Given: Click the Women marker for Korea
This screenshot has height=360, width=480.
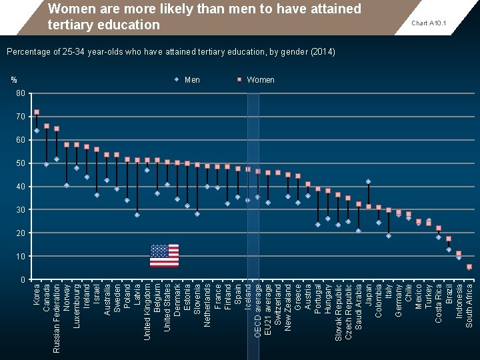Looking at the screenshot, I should coord(37,112).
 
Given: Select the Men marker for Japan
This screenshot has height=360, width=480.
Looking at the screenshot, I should coord(368,181).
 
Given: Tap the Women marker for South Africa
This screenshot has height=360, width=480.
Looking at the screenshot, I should coord(469,267).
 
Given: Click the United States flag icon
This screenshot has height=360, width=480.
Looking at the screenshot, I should coord(164,256).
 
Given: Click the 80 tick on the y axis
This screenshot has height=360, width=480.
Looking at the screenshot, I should coord(21,93).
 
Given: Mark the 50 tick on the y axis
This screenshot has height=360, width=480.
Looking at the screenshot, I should coord(21,163).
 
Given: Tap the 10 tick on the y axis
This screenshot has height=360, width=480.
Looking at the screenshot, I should coord(21,257).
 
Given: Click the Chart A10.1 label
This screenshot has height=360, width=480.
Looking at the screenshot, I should coord(429,23).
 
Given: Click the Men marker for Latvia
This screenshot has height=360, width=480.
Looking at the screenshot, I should coord(137,215).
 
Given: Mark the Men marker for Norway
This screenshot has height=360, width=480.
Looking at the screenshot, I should coord(67,185).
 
